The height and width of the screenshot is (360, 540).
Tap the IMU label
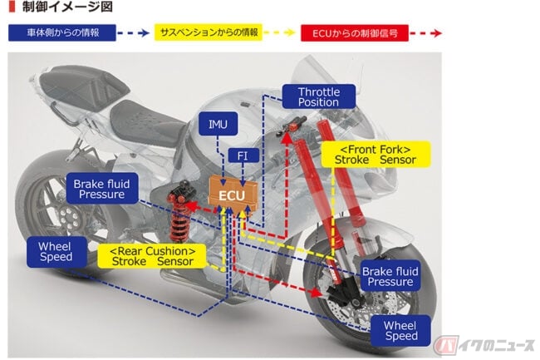(x=218, y=124)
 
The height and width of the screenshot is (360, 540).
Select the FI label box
(x=243, y=155)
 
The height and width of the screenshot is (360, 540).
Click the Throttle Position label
(x=318, y=96)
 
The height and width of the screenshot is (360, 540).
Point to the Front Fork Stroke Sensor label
(x=376, y=155)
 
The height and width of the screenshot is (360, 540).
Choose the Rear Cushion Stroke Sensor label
(x=152, y=256)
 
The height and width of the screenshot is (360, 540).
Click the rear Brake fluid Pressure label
(x=102, y=189)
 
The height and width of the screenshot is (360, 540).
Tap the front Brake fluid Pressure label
(x=390, y=276)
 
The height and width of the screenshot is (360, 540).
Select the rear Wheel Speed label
(x=56, y=251)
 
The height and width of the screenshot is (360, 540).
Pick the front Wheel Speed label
(x=400, y=330)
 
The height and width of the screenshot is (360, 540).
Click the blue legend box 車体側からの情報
(x=62, y=32)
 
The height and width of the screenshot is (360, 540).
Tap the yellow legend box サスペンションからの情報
(x=209, y=32)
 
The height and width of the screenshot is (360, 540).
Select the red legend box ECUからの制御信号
(x=355, y=33)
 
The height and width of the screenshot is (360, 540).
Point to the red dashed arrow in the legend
(x=426, y=33)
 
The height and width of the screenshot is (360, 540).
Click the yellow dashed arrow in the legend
(x=280, y=32)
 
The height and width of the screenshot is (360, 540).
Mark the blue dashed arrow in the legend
(x=133, y=33)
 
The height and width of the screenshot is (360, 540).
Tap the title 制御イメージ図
(x=67, y=7)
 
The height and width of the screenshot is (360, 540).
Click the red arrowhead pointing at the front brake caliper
(x=315, y=293)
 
